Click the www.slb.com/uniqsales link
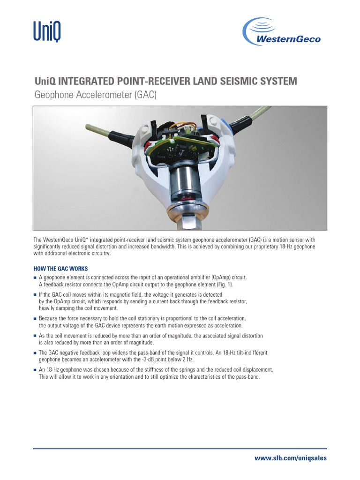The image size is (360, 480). click(x=290, y=458)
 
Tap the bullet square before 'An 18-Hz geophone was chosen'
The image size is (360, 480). click(x=35, y=370)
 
